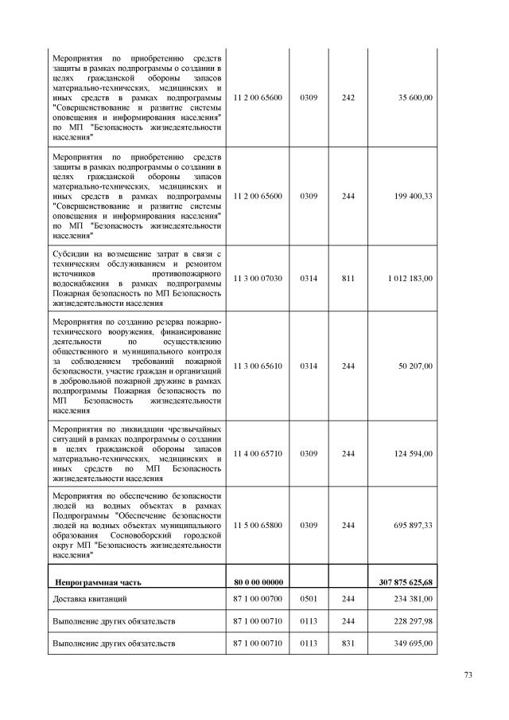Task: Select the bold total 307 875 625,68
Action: pos(404,581)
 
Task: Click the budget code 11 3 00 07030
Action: pos(258,278)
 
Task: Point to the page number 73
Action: pos(468,675)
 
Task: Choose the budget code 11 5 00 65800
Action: pos(258,526)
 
